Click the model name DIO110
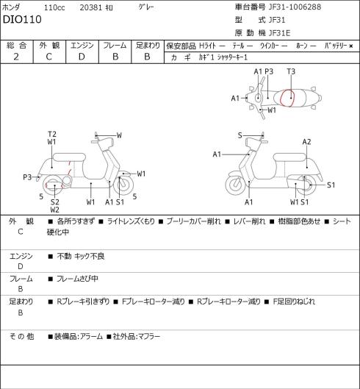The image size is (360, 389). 22,19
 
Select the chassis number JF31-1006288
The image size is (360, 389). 295,7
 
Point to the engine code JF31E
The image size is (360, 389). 279,33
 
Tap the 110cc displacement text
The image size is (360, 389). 54,7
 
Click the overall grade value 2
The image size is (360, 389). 16,57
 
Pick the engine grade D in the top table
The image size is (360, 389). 82,57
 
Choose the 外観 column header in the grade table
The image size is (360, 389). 49,46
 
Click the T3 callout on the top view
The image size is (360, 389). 291,71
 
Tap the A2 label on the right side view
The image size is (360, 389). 306,142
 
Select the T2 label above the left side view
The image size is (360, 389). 52,135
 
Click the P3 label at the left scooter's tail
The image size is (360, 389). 27,177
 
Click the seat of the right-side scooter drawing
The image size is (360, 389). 289,157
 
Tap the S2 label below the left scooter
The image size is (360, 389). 55,202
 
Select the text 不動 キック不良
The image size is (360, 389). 81,256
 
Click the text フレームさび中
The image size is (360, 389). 77,279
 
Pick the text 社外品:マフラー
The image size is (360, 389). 137,336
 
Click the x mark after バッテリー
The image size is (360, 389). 351,46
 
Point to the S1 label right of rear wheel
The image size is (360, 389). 331,185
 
